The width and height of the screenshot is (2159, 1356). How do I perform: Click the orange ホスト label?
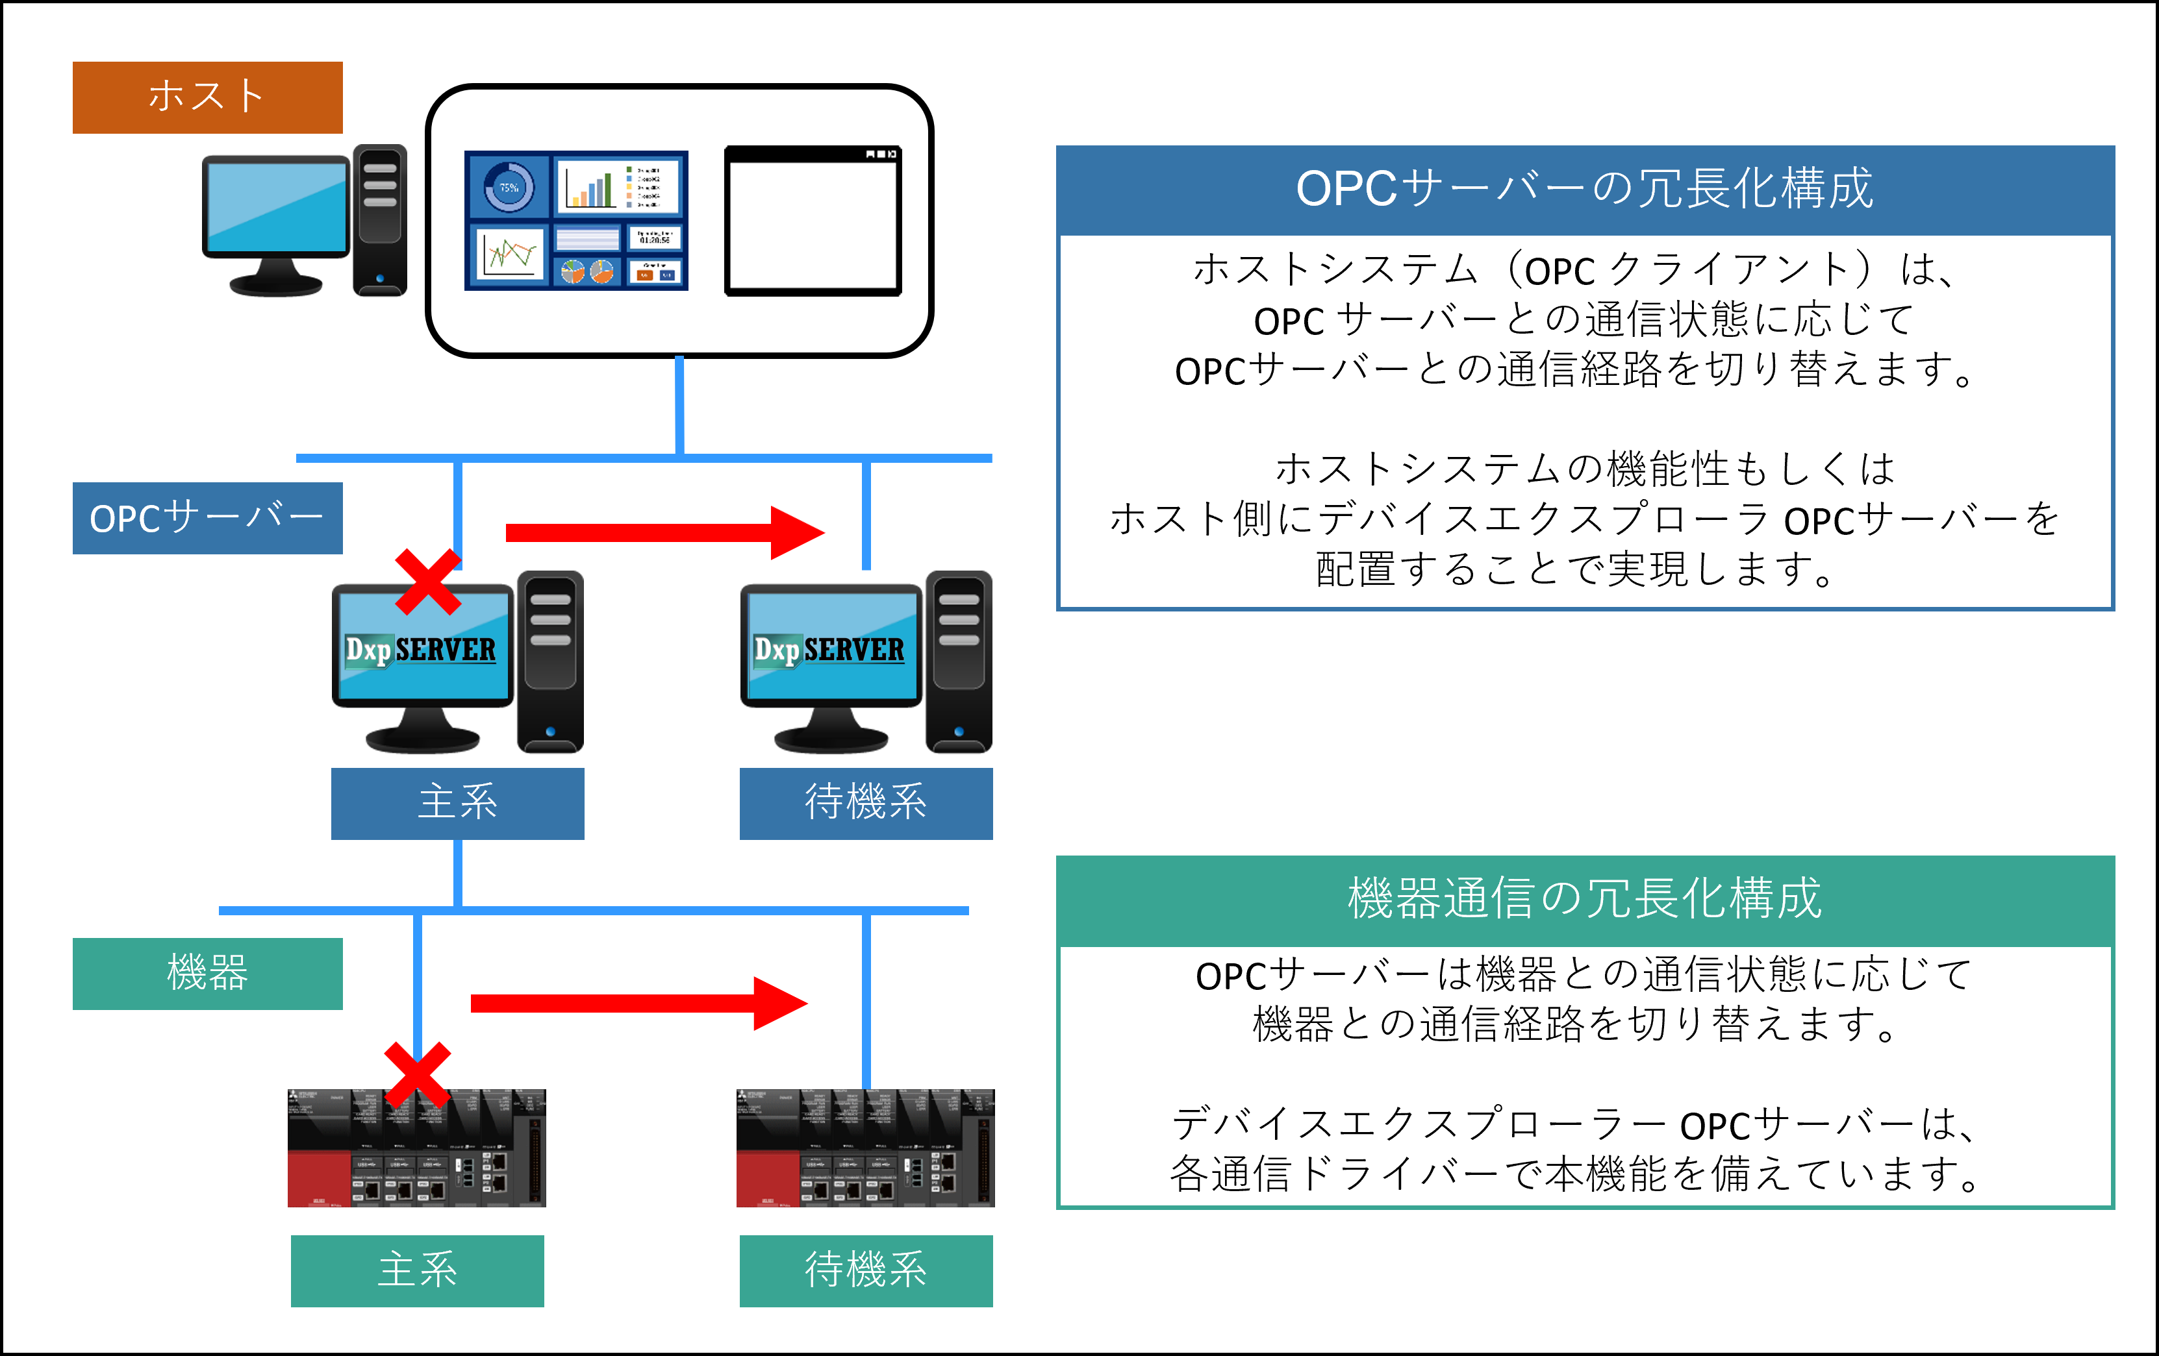coord(207,97)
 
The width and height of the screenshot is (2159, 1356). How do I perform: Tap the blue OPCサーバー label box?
coord(207,518)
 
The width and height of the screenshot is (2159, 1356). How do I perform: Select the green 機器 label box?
coord(207,973)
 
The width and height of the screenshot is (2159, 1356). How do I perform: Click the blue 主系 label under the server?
coord(457,803)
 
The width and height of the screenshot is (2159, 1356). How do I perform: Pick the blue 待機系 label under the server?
coord(865,803)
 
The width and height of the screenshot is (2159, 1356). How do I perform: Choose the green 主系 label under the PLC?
coord(417,1270)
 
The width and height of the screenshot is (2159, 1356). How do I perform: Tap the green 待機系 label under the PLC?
coord(865,1270)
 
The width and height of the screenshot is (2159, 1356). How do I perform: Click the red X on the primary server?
coord(427,582)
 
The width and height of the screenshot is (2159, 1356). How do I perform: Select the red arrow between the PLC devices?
coord(638,1003)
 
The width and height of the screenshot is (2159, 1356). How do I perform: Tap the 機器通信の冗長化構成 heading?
coord(1584,900)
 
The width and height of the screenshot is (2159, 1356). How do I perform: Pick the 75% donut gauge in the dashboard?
coord(509,188)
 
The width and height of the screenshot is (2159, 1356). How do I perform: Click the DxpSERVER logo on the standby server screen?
coord(829,649)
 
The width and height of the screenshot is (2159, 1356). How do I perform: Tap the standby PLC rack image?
coord(865,1148)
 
